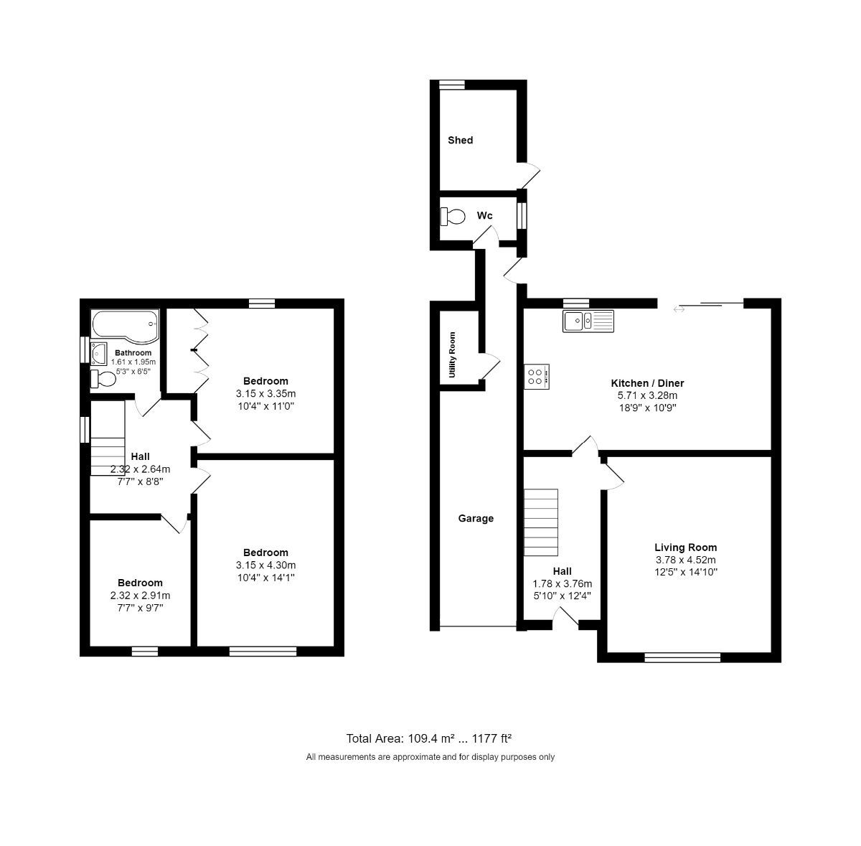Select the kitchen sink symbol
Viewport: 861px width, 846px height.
click(x=589, y=321)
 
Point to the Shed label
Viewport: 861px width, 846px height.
click(x=460, y=140)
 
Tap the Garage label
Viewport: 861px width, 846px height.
click(x=476, y=518)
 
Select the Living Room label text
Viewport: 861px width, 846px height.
click(x=685, y=547)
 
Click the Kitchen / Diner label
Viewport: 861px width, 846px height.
click(x=647, y=383)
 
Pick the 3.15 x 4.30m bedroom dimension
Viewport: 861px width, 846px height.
click(x=265, y=565)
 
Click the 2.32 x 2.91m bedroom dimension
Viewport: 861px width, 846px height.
click(x=140, y=596)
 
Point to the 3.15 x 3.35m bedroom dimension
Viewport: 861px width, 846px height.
click(x=265, y=393)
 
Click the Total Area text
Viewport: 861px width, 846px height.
click(x=428, y=738)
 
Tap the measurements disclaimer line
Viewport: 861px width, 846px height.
click(x=430, y=757)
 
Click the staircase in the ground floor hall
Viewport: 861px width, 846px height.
click(x=541, y=522)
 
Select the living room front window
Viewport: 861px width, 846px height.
click(x=682, y=657)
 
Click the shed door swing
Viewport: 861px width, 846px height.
click(x=532, y=172)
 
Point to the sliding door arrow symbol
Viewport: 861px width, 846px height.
click(x=679, y=309)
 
